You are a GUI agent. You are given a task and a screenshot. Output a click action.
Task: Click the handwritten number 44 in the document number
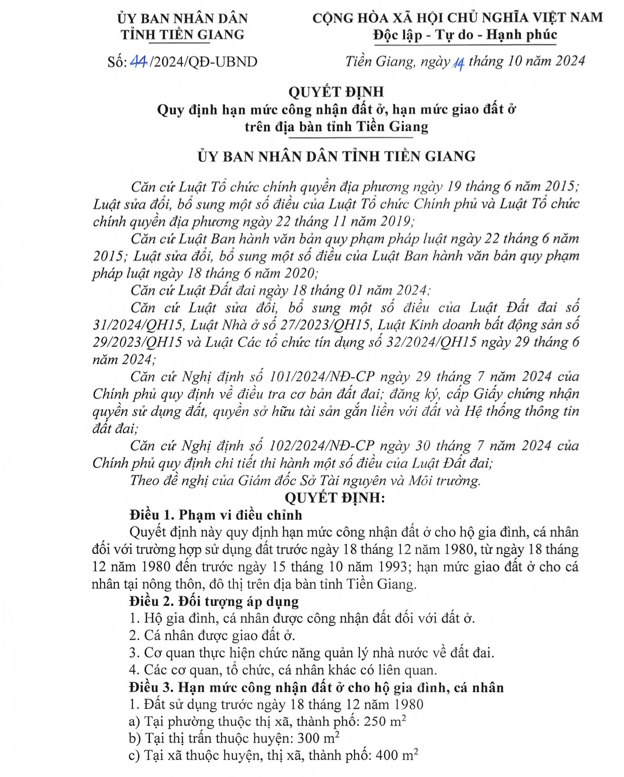pos(138,62)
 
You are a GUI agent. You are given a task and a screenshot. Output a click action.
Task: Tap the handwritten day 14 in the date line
pos(459,63)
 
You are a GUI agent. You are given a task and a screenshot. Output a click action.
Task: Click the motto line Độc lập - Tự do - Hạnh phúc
pos(465,35)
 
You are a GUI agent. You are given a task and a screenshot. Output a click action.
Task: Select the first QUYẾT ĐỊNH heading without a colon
pos(336,92)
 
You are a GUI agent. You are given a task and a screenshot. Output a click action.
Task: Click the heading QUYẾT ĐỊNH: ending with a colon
pos(334,498)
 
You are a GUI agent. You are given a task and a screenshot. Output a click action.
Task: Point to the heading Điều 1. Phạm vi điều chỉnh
pos(216,515)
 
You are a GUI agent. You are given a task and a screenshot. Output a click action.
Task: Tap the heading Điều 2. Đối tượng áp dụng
pos(214,601)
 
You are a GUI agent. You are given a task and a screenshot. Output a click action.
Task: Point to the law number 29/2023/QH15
pos(137,342)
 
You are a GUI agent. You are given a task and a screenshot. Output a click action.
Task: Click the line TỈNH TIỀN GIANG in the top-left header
pos(183,35)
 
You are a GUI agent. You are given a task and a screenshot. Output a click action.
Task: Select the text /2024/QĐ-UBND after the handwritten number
pos(203,62)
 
